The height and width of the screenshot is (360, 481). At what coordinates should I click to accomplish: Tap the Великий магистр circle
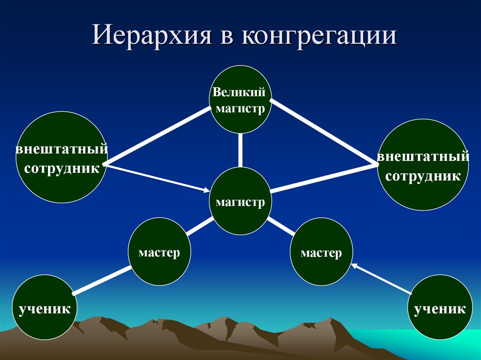pyautogui.click(x=240, y=100)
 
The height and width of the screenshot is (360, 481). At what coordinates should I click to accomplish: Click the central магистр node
pyautogui.click(x=240, y=202)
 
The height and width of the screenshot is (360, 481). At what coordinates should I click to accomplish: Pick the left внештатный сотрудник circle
pyautogui.click(x=61, y=158)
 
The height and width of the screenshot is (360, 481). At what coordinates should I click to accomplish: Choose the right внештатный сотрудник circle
pyautogui.click(x=422, y=164)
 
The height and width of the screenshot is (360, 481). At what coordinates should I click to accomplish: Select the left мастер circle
pyautogui.click(x=160, y=253)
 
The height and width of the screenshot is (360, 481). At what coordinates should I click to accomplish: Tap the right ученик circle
pyautogui.click(x=440, y=308)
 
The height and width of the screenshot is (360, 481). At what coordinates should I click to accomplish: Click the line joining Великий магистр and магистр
pyautogui.click(x=240, y=150)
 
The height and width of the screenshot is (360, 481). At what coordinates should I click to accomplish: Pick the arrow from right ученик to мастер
pyautogui.click(x=380, y=279)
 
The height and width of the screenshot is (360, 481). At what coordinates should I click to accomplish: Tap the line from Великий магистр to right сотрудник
pyautogui.click(x=324, y=131)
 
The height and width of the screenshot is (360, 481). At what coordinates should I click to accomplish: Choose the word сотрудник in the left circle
pyautogui.click(x=62, y=168)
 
